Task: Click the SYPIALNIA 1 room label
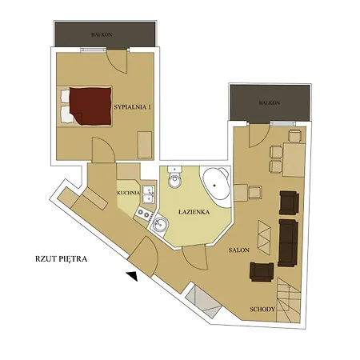click(133, 107)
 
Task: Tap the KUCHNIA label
click(129, 193)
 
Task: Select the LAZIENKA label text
click(194, 212)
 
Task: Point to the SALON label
click(239, 250)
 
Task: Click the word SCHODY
click(262, 310)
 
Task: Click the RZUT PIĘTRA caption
click(62, 259)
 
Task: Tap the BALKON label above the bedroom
click(102, 34)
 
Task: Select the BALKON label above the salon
click(269, 102)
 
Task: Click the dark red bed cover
click(90, 106)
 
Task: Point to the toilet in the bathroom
click(175, 178)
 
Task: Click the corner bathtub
click(216, 186)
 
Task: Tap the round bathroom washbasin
click(159, 223)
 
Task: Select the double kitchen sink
click(148, 194)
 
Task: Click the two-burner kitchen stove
click(144, 214)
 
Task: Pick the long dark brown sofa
click(288, 242)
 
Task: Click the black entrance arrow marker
click(133, 276)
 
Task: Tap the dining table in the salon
click(294, 160)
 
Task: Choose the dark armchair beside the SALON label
click(262, 272)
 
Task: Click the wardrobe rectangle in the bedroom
click(145, 145)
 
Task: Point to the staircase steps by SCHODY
click(288, 300)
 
